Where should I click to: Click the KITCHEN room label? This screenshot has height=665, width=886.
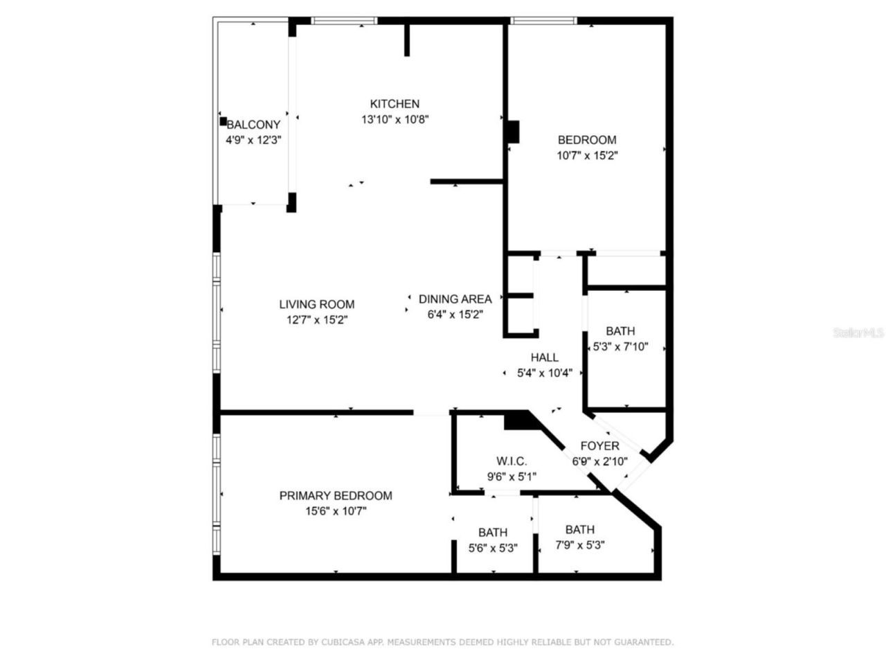395,104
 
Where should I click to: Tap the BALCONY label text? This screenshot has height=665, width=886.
253,125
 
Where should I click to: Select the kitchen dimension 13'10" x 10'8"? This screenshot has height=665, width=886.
395,119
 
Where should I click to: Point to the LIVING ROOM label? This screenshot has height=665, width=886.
316,304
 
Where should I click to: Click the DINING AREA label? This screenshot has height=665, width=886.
455,299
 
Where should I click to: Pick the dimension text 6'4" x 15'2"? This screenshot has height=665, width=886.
455,314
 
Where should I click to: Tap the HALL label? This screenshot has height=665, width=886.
544,357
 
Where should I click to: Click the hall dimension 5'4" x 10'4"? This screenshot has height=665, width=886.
544,373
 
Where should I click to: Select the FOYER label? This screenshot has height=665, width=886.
599,446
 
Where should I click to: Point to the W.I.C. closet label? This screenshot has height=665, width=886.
512,461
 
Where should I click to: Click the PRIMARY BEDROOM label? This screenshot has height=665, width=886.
335,496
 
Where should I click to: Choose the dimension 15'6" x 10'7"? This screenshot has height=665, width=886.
335,511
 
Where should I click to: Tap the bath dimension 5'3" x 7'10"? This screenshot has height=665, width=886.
620,346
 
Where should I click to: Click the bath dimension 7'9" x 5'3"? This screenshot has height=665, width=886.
579,545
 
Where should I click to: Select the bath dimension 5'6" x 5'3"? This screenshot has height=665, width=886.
492,548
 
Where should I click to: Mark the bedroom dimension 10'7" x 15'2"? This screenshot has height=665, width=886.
587,156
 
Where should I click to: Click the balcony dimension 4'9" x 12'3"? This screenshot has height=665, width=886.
253,140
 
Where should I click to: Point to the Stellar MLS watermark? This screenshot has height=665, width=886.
858,333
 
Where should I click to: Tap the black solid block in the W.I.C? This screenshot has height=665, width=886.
516,420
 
